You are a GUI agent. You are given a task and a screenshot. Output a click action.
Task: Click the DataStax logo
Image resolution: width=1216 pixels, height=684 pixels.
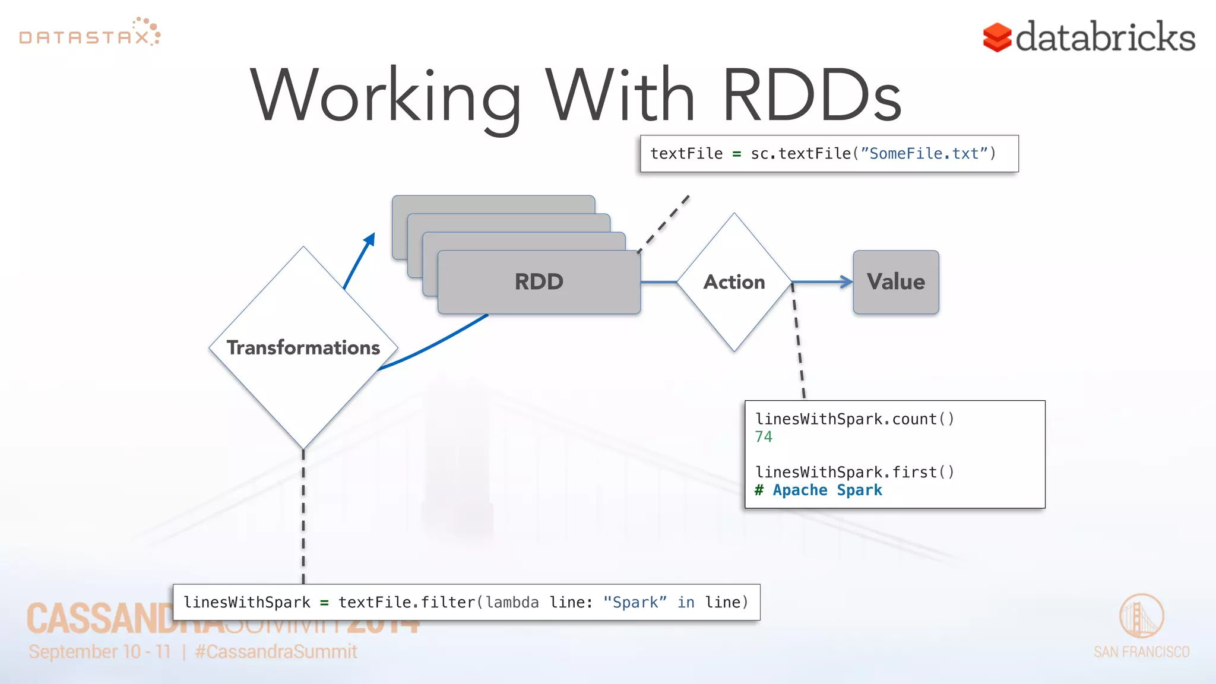[x=89, y=33]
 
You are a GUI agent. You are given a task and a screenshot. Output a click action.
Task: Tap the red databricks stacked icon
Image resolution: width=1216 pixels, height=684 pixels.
[x=996, y=37]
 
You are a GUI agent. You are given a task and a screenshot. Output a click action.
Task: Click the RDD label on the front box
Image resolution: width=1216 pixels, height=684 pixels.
[x=539, y=282]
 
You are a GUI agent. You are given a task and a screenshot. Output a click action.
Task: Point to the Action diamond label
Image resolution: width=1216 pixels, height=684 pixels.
[x=734, y=282]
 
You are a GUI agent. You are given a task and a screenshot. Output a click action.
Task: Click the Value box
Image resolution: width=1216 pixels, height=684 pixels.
[x=895, y=282]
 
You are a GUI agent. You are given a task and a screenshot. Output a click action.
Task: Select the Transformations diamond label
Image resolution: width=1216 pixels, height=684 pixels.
[x=303, y=348]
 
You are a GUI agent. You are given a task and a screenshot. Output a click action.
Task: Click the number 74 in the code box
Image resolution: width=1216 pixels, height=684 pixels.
[x=764, y=437]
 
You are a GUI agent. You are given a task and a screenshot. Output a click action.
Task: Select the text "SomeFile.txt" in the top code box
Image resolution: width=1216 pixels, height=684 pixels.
[x=924, y=154]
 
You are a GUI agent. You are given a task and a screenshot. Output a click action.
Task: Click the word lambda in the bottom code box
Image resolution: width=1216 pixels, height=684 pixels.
[x=512, y=603]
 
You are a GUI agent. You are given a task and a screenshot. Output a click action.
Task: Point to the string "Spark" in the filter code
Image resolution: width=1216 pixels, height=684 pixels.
[x=634, y=603]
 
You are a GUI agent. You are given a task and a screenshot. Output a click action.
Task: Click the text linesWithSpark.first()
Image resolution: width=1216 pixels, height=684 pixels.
[x=854, y=473]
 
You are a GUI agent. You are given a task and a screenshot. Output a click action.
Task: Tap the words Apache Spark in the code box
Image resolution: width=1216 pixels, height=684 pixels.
[x=826, y=490]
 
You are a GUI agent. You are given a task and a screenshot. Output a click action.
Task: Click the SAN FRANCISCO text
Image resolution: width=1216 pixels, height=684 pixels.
[x=1141, y=652]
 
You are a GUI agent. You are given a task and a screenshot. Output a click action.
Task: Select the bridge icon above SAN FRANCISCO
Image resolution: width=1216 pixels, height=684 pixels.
[x=1141, y=616]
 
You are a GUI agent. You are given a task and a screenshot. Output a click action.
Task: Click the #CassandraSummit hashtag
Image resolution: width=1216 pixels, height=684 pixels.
[x=276, y=652]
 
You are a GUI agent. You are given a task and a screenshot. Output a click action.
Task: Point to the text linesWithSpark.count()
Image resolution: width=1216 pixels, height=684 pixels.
[x=854, y=419]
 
